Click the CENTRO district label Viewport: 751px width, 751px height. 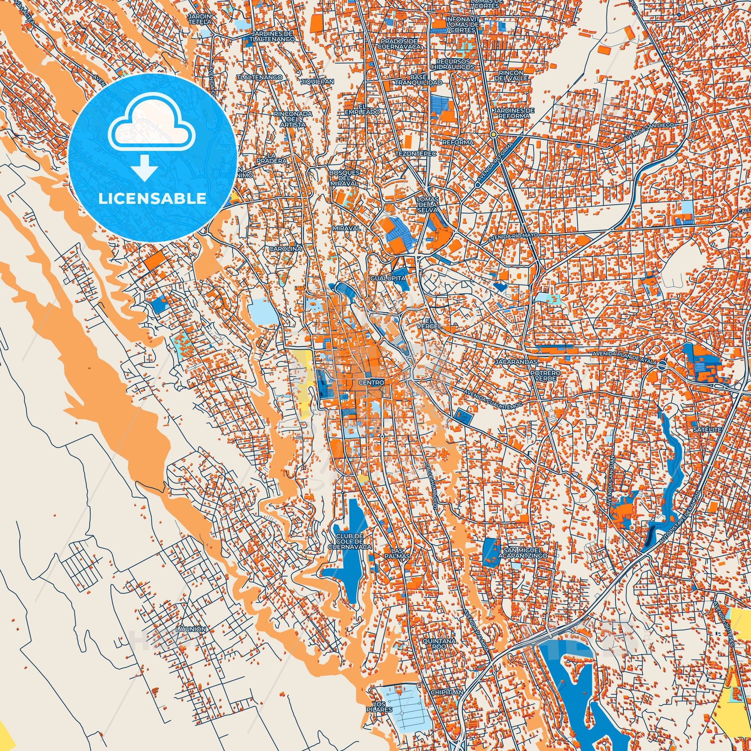371,383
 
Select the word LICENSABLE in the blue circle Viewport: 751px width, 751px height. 152,198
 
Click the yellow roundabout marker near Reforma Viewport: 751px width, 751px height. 493,134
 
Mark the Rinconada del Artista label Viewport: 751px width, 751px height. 288,119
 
